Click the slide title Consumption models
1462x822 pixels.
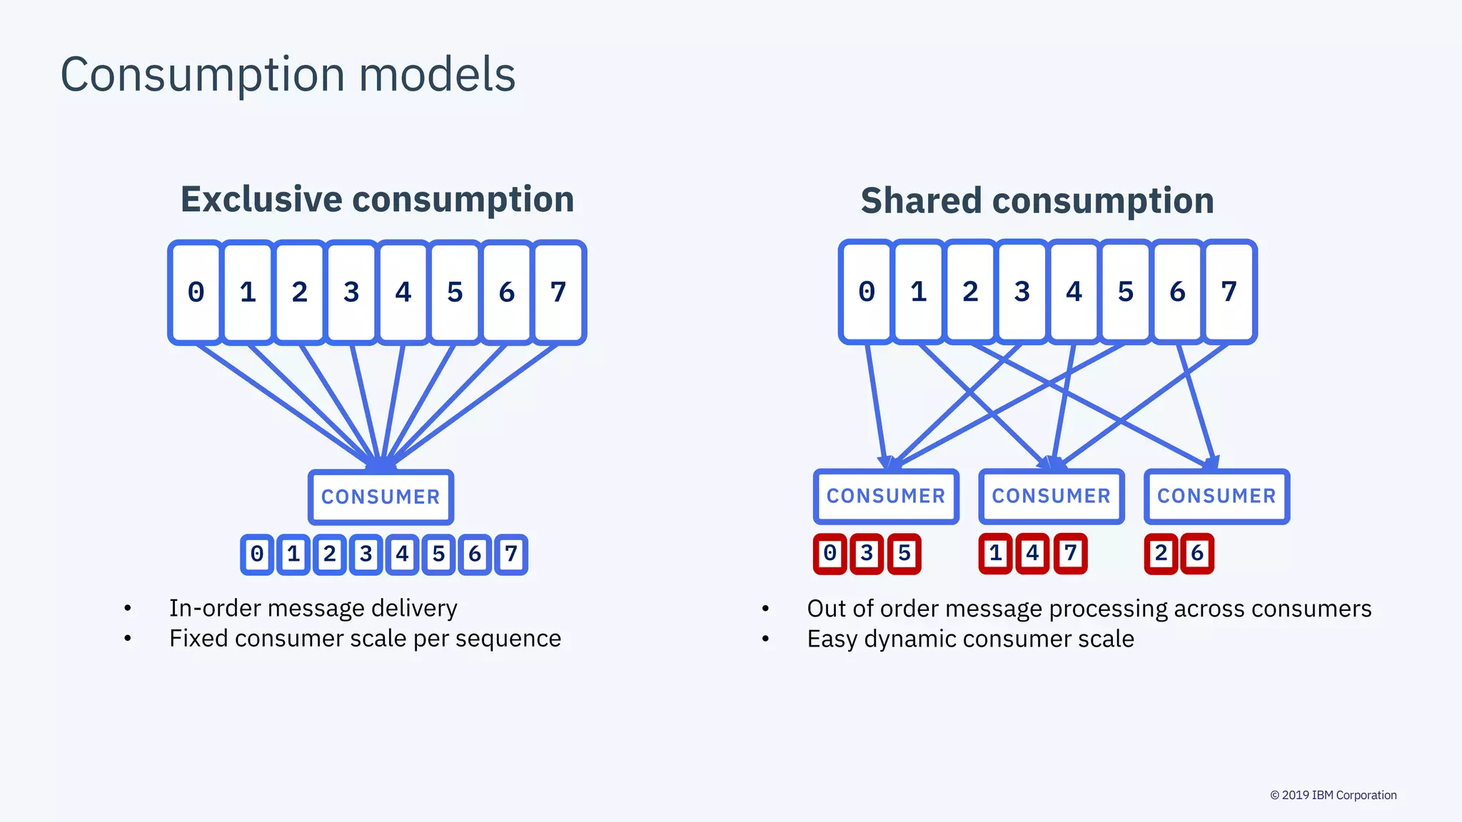coord(288,74)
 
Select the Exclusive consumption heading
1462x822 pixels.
coord(377,199)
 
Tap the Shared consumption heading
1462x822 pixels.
coord(1037,201)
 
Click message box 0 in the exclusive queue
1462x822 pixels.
coord(196,293)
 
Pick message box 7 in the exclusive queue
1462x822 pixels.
coord(558,293)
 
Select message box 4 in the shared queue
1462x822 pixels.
coord(1074,292)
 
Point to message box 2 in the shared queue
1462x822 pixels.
coord(970,292)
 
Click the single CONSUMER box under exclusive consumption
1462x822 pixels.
coord(380,497)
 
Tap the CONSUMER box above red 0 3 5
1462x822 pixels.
coord(885,496)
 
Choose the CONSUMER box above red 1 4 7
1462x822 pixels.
coord(1051,496)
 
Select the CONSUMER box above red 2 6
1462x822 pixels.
coord(1216,496)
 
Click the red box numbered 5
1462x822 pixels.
coord(904,554)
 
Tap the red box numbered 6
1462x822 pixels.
coord(1197,554)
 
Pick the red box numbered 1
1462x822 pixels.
coord(996,554)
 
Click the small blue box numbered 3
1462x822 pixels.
coord(366,554)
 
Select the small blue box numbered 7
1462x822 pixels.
coord(511,554)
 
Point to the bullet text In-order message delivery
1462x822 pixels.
coord(313,608)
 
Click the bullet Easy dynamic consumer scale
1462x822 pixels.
coord(970,639)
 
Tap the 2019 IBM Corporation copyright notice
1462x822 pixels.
coord(1333,795)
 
